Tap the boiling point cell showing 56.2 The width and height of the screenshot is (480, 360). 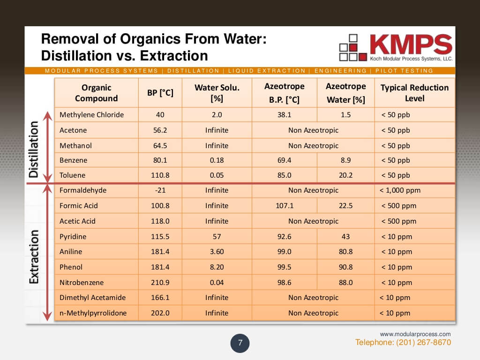point(160,130)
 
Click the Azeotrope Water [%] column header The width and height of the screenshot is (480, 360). point(345,93)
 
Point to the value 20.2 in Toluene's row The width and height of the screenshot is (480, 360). point(345,175)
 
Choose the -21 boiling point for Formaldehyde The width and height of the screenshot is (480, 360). point(160,190)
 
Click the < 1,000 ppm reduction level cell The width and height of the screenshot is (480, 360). point(400,190)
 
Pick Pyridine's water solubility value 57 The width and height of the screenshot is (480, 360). point(217,237)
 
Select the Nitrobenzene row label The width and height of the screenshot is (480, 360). point(82,283)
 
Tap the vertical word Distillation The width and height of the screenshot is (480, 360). point(34,149)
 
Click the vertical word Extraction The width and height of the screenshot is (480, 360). point(34,256)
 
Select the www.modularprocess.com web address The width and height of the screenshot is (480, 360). point(415,334)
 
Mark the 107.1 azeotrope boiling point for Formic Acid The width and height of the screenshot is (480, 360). point(284,206)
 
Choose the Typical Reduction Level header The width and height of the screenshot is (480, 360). point(414,93)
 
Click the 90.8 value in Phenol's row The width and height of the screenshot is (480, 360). point(345,267)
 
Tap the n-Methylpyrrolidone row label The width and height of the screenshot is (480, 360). point(93,313)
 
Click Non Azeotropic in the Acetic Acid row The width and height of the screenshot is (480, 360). point(313,221)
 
